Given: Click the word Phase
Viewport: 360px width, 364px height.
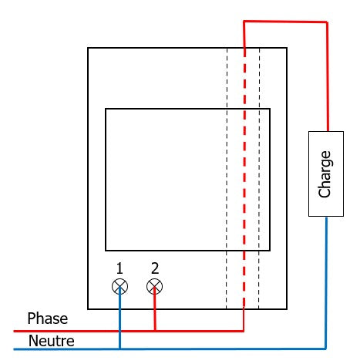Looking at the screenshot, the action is click(x=48, y=318).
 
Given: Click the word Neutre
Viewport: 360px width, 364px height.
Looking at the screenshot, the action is click(x=51, y=341).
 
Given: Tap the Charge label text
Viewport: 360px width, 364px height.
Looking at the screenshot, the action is click(x=325, y=174).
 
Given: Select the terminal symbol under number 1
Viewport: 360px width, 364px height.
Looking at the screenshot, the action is click(x=119, y=286).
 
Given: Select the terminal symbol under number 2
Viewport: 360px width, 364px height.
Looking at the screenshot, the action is click(x=154, y=286).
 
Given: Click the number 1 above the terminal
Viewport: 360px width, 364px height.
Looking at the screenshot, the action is click(x=119, y=268).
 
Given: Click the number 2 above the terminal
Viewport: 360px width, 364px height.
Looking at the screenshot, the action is click(x=155, y=268).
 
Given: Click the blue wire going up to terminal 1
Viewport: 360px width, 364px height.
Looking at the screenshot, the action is click(x=119, y=318).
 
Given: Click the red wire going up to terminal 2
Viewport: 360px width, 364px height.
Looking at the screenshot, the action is click(x=155, y=309).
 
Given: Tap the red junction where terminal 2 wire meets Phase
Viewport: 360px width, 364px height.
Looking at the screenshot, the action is click(x=155, y=331).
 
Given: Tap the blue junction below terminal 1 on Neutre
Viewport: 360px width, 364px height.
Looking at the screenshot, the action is click(x=119, y=349).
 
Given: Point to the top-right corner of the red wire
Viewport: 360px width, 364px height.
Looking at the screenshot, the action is click(x=327, y=22).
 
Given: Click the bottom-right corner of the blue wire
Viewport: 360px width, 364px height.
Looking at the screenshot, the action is click(x=326, y=349).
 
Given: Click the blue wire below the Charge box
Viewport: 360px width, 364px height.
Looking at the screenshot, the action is click(x=326, y=283).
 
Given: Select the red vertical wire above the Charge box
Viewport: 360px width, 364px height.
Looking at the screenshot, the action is click(x=327, y=76).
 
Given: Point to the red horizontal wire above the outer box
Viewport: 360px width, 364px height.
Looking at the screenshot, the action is click(x=285, y=22).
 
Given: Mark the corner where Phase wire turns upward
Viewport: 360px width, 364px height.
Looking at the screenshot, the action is click(x=244, y=331).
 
